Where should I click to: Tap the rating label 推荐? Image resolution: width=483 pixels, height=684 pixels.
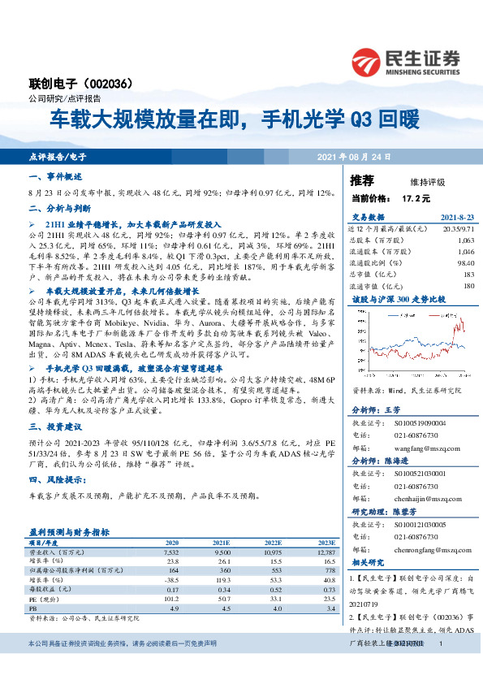pyautogui.click(x=362, y=180)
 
